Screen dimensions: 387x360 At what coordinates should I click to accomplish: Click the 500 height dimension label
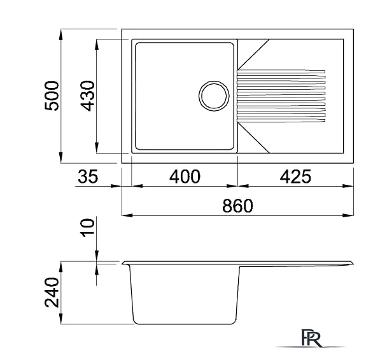coord(52,96)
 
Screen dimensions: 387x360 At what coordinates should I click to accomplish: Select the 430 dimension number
coord(87,96)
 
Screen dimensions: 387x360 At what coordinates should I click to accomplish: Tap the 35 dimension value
coord(88,176)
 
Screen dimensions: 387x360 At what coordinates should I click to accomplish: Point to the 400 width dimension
coord(185,176)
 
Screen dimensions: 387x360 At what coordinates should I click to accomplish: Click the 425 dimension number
coord(295,176)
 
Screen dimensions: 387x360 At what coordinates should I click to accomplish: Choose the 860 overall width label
coord(237,206)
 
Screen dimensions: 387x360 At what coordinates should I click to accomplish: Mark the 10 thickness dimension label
coord(88,227)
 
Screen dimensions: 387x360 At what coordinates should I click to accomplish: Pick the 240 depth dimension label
coord(52,292)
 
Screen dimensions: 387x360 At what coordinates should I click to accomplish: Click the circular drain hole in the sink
coord(214,96)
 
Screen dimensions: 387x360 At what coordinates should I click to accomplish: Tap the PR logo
coord(312,338)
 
